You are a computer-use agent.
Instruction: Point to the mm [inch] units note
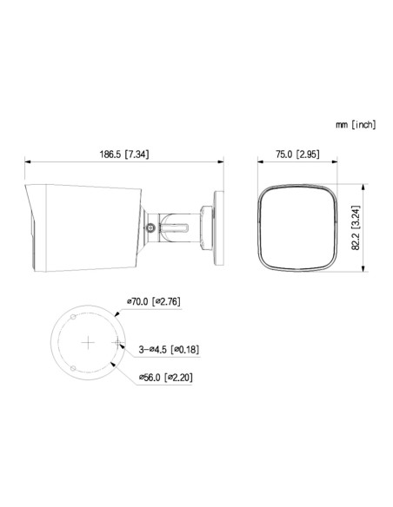coord(356,125)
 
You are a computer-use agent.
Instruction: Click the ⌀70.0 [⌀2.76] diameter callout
coord(154,301)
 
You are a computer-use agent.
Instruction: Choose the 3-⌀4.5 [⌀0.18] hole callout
coord(169,349)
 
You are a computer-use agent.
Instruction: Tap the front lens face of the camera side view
coord(31,228)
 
